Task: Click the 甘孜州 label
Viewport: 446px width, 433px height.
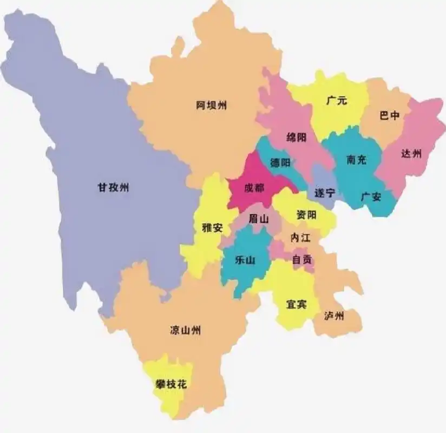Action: click(x=113, y=188)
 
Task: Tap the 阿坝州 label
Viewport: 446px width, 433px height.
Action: click(x=211, y=105)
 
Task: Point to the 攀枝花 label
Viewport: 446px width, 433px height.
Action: click(x=171, y=385)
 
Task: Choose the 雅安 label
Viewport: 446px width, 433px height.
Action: click(x=212, y=228)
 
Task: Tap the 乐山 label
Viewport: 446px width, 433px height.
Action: click(x=245, y=260)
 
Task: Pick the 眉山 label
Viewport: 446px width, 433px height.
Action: click(x=258, y=219)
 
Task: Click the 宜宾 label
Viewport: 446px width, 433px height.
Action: click(x=296, y=304)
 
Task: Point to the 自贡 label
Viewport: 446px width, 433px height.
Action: click(x=302, y=259)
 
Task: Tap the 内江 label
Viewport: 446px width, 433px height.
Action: click(x=300, y=238)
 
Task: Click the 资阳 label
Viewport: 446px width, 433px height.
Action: click(x=306, y=215)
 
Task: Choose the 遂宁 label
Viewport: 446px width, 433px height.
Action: click(x=324, y=193)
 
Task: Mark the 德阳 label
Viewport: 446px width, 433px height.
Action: click(x=280, y=163)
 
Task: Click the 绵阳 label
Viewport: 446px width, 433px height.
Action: click(x=296, y=137)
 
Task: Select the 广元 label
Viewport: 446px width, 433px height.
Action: click(x=337, y=101)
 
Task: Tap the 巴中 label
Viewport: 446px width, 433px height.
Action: click(x=390, y=116)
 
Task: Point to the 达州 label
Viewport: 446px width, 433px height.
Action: click(x=411, y=154)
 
